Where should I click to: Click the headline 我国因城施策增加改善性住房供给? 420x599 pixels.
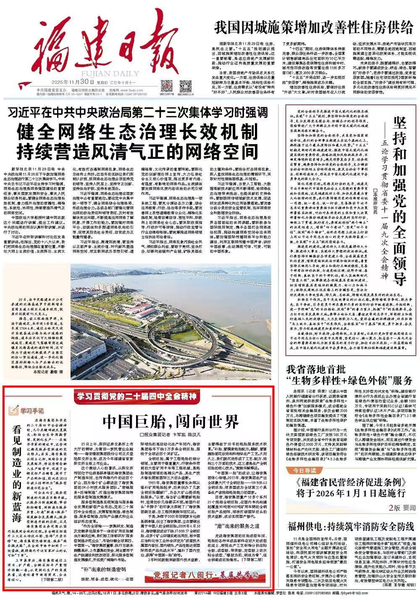click(313, 28)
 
